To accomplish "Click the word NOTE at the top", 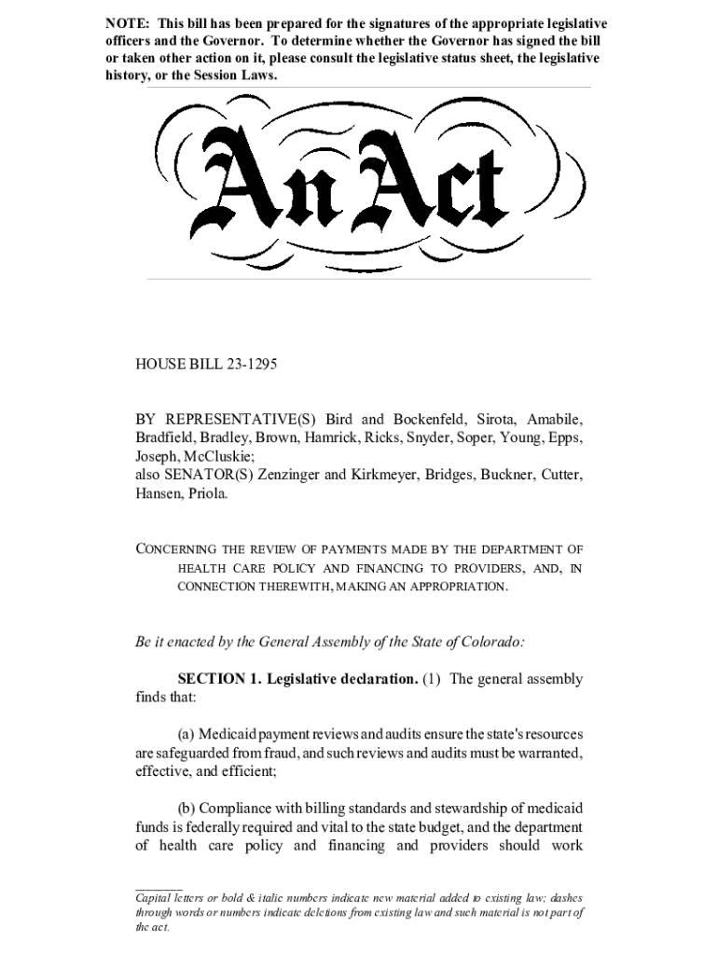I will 125,22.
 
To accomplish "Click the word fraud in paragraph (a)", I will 268,753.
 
